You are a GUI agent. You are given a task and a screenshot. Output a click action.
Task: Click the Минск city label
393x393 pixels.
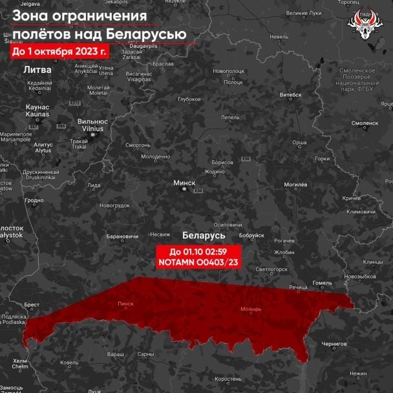(184, 183)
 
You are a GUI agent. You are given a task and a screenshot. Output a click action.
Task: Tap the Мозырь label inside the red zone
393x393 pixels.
(251, 309)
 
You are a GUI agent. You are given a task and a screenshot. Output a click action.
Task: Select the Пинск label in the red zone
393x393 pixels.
(125, 303)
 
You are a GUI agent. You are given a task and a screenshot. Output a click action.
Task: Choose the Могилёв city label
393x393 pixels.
(295, 185)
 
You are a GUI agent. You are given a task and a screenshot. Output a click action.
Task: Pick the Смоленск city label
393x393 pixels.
(365, 122)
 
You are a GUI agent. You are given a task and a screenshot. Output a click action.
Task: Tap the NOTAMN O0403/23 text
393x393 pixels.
(197, 262)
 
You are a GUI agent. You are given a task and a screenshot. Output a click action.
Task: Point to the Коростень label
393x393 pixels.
(228, 379)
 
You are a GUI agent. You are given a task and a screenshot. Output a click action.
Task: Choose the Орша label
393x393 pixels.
(299, 142)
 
